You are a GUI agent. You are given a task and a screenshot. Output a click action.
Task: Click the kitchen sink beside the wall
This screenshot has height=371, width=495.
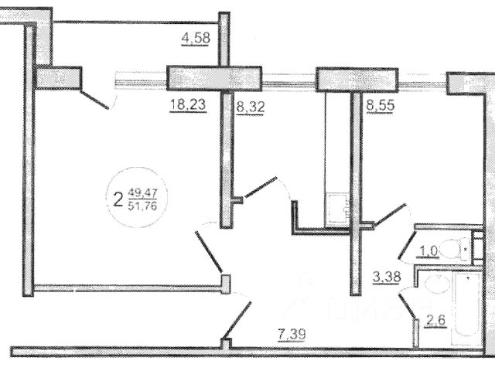tap(337, 204)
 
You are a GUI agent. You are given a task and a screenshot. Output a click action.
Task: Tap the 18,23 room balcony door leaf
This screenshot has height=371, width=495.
tap(97, 101)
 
